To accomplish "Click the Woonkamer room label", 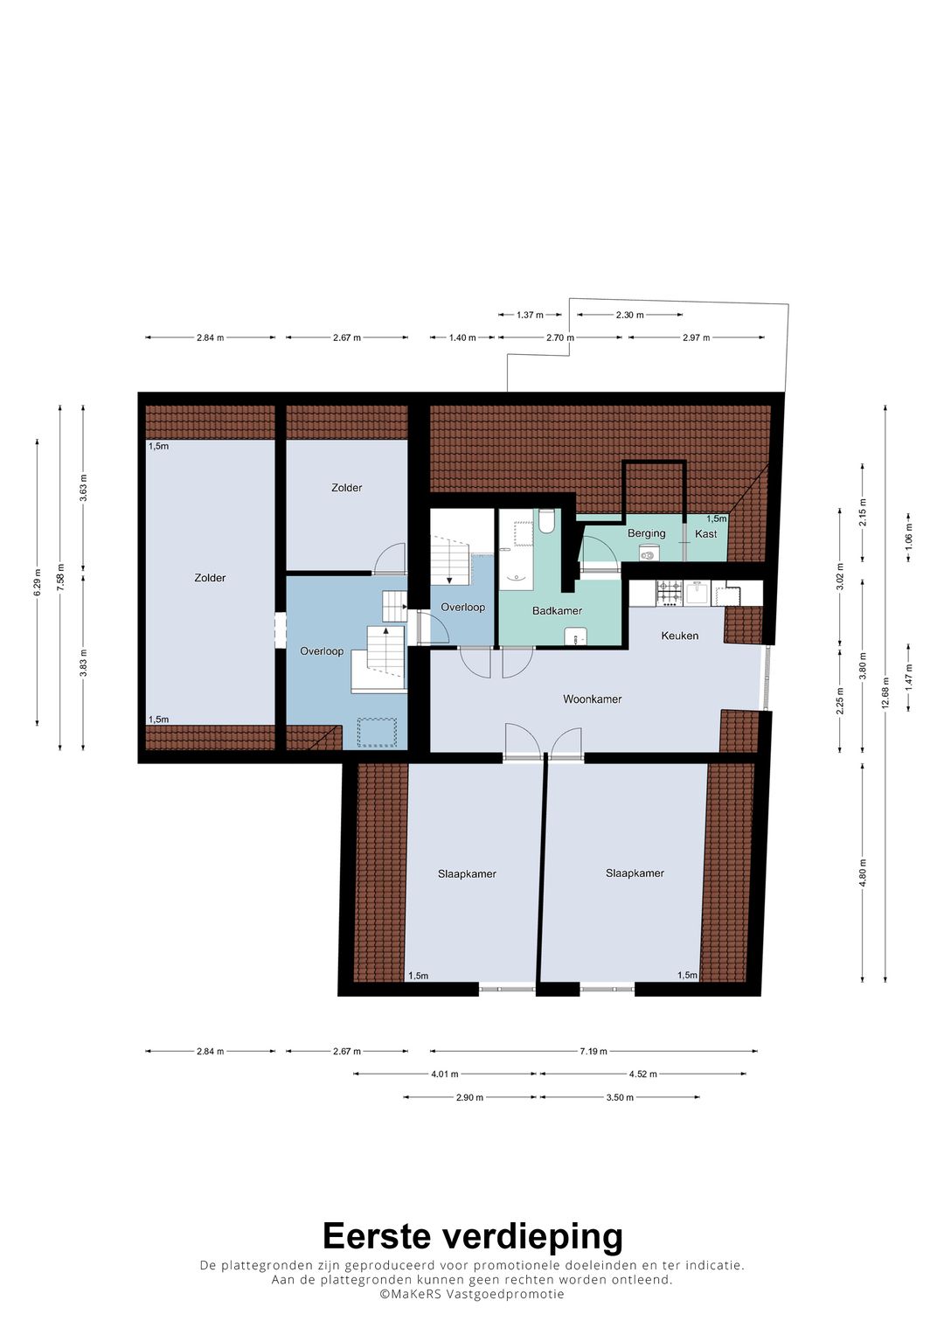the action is (592, 699).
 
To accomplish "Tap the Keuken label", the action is (679, 636).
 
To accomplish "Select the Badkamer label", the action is (558, 611).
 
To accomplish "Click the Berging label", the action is (646, 533).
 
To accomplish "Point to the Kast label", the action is (705, 534).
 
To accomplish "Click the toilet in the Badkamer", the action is (546, 520).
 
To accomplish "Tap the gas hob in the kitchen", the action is (669, 594).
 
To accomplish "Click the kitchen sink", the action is (697, 594).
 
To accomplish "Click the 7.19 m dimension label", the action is (593, 1052).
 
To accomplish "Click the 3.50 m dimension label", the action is (620, 1097).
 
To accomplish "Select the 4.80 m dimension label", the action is (862, 873).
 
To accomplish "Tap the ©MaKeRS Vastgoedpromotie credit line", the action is (472, 1294).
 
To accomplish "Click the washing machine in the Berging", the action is (647, 554).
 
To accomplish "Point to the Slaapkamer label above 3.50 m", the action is (635, 873).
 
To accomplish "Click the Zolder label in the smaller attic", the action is (346, 488).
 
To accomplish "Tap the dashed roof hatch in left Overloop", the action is (378, 732).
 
